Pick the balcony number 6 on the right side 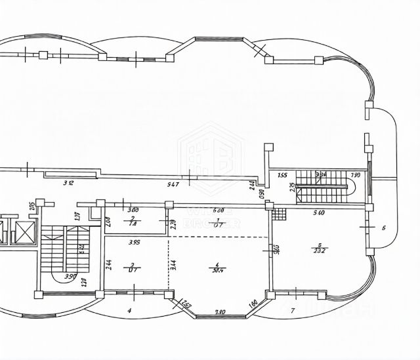coord(383,228)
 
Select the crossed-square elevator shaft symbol coord(24,231)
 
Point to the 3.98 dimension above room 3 coord(135,243)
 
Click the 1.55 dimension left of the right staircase coord(282,175)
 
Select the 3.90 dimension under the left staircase coord(70,276)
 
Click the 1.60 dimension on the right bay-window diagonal coord(253,304)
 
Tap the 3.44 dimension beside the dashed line coord(173,264)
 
